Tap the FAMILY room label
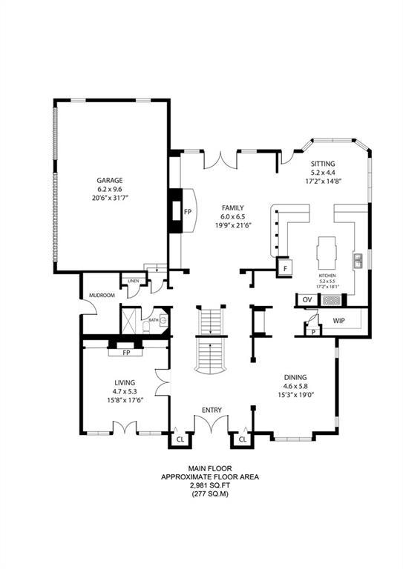click(234, 208)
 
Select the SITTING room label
click(323, 164)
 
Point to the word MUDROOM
click(102, 296)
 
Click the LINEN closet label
click(134, 282)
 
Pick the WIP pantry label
click(339, 321)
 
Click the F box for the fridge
click(284, 268)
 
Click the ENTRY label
click(212, 410)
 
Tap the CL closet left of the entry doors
click(180, 439)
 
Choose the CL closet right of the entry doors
click(242, 439)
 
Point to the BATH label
click(153, 320)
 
